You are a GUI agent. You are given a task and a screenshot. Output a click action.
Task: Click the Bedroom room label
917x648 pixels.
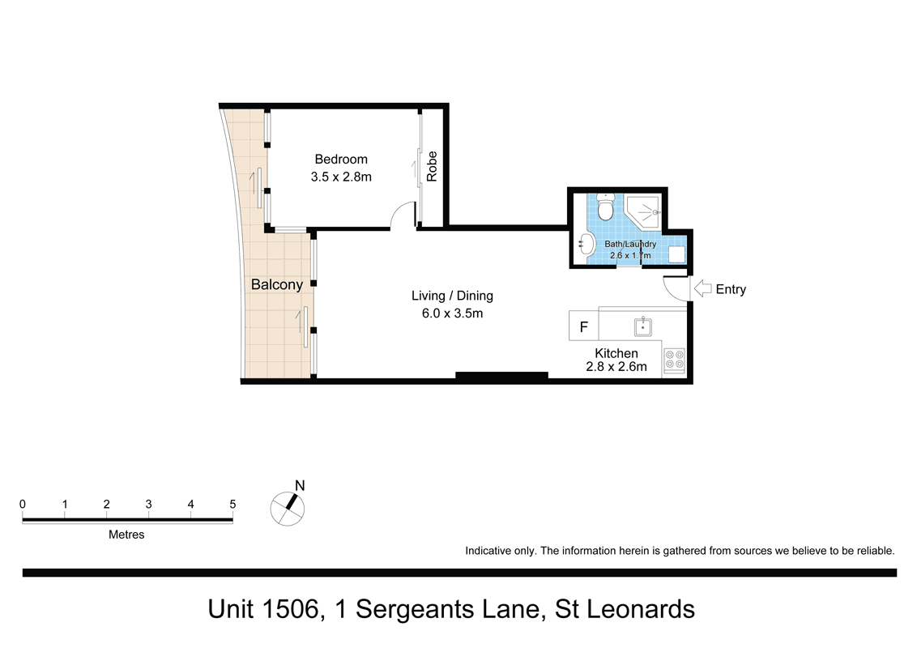[341, 160]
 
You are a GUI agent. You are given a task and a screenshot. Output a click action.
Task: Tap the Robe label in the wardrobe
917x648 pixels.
[433, 166]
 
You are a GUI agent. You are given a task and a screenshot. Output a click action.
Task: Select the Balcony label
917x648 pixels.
[276, 284]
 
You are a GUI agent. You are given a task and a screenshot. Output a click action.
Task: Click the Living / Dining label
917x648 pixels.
[452, 296]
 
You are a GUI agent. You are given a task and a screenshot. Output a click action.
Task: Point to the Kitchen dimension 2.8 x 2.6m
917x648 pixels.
[616, 367]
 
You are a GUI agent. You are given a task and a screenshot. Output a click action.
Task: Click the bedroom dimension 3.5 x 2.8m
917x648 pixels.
[341, 177]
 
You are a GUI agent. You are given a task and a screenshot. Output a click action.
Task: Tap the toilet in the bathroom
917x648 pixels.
[604, 208]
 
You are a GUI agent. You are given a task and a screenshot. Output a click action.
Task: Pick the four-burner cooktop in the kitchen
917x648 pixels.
[674, 360]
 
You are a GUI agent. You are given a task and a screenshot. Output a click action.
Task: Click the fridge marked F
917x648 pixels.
[583, 328]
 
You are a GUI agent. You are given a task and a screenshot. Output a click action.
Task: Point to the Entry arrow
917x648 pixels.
[702, 288]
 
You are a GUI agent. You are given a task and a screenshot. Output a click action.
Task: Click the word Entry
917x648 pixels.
[731, 289]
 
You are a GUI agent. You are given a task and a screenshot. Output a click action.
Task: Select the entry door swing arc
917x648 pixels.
[674, 286]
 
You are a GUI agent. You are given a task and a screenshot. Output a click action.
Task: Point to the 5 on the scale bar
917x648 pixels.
[232, 504]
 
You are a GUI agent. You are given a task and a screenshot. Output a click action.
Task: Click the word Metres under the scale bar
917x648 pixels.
[126, 535]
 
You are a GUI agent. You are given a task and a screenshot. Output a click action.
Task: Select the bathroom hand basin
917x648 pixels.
[586, 242]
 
